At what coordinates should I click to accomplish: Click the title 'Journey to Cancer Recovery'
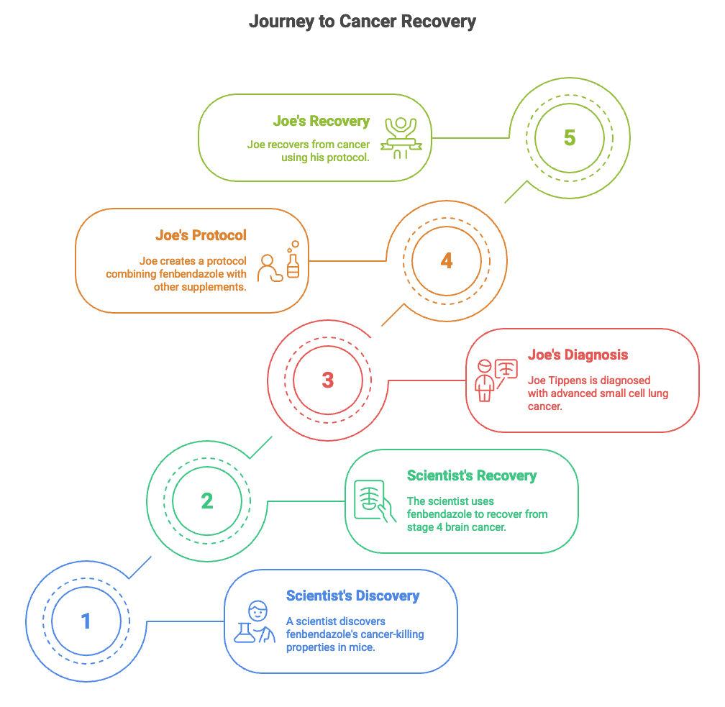click(x=362, y=22)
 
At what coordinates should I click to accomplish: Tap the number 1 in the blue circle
click(x=86, y=621)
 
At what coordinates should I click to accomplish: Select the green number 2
click(x=207, y=501)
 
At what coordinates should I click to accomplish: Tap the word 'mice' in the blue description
click(x=362, y=647)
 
